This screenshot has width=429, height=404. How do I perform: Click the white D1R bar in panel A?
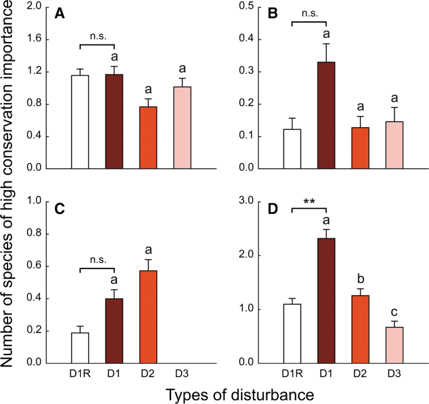(x=80, y=122)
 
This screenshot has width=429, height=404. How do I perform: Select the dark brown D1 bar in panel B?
(x=328, y=115)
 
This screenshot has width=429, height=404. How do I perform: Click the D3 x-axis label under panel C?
(x=183, y=374)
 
